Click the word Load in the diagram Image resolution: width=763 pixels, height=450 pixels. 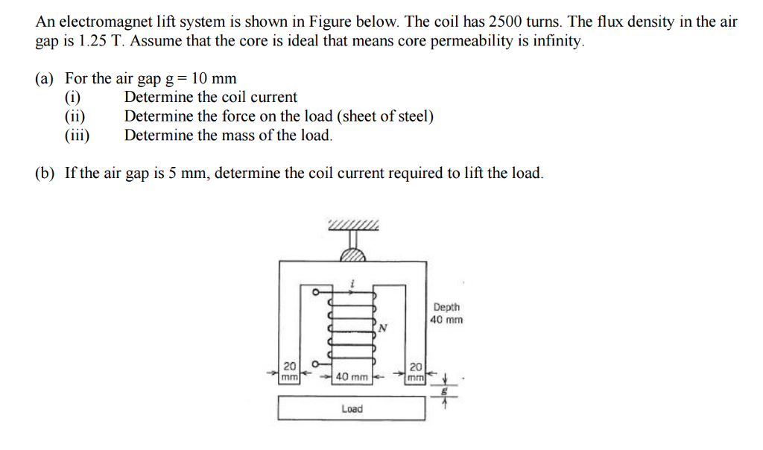click(x=352, y=408)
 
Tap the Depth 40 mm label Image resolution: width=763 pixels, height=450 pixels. click(x=446, y=313)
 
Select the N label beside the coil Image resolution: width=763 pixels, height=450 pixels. click(x=382, y=327)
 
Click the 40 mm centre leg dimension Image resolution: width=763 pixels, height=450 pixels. click(x=352, y=377)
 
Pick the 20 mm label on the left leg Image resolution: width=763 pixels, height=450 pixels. click(x=290, y=371)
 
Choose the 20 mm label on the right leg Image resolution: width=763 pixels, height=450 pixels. click(x=416, y=371)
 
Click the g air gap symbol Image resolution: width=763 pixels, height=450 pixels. click(x=446, y=389)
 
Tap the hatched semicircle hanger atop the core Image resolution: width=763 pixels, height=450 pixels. click(x=353, y=255)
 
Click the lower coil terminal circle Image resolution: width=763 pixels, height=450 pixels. click(x=315, y=364)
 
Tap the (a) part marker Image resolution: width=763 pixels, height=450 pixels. click(x=45, y=78)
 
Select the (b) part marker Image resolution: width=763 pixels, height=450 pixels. click(x=45, y=174)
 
